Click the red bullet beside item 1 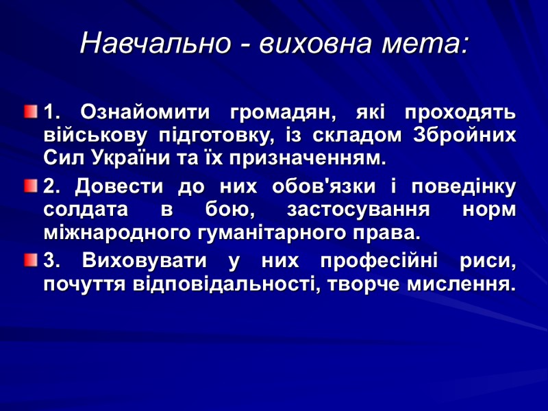click(30, 110)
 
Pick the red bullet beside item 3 click(30, 259)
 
